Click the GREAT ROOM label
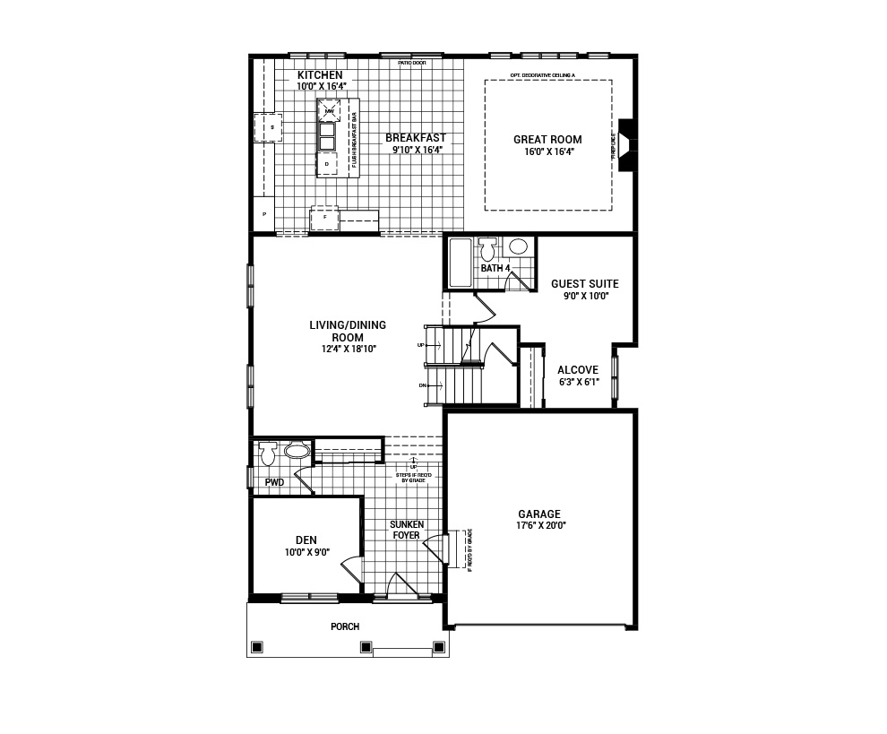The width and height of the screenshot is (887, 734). click(x=547, y=139)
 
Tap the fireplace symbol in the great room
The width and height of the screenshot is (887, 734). click(x=626, y=144)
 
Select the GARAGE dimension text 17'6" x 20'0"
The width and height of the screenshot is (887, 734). click(x=539, y=526)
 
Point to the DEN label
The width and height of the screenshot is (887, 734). click(x=306, y=540)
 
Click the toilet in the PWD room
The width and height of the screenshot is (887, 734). click(x=266, y=454)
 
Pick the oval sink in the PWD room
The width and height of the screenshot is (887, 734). click(x=297, y=451)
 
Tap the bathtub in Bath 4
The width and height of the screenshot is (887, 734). click(x=460, y=263)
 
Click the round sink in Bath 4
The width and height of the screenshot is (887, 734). click(x=517, y=247)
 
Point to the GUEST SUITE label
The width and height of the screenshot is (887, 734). click(x=584, y=283)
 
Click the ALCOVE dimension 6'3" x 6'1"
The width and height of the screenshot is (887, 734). click(x=579, y=383)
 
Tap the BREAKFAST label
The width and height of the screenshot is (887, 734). click(x=416, y=138)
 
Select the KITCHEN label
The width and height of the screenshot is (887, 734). click(x=320, y=75)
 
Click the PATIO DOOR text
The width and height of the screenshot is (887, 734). click(x=412, y=63)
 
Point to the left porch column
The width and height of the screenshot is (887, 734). click(x=257, y=646)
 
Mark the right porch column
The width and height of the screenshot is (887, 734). click(x=438, y=646)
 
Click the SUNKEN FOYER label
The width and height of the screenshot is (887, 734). click(x=405, y=530)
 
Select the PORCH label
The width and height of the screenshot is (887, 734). click(x=345, y=626)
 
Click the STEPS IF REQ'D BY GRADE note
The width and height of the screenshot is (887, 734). click(x=413, y=477)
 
